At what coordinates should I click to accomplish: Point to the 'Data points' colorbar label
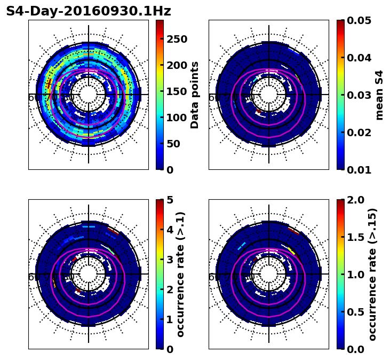pyautogui.click(x=195, y=95)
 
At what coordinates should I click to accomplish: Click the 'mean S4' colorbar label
pyautogui.click(x=379, y=95)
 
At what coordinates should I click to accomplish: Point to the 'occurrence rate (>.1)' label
pyautogui.click(x=180, y=275)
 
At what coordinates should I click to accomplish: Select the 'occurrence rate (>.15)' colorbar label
pyautogui.click(x=372, y=275)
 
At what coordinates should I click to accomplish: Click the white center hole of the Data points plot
pyautogui.click(x=89, y=95)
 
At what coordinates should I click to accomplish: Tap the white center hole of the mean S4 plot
pyautogui.click(x=269, y=95)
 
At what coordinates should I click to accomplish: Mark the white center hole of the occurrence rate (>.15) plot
pyautogui.click(x=269, y=274)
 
